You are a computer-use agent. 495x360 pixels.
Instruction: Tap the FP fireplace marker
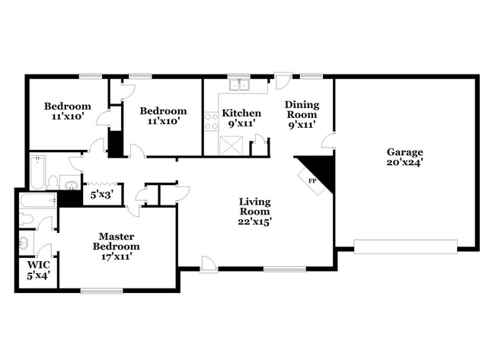click(312, 180)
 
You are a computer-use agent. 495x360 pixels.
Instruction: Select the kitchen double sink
click(241, 84)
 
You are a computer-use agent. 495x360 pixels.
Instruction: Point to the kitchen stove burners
click(211, 121)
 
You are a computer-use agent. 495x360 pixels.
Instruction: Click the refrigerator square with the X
click(230, 145)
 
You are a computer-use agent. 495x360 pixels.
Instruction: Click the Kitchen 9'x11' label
click(241, 117)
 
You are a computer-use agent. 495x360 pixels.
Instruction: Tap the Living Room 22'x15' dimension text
click(255, 211)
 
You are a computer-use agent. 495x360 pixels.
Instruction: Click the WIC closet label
click(38, 269)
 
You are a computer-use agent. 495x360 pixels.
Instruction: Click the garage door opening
click(406, 246)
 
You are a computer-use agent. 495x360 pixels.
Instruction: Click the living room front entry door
click(208, 263)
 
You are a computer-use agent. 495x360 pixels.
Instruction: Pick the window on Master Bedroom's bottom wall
click(101, 290)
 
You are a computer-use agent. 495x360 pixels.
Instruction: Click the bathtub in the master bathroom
click(37, 202)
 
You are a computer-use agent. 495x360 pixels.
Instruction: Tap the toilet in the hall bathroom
click(53, 182)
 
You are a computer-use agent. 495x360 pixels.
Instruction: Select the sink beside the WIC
click(24, 244)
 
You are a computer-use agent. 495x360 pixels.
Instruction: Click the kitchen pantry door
click(260, 142)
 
